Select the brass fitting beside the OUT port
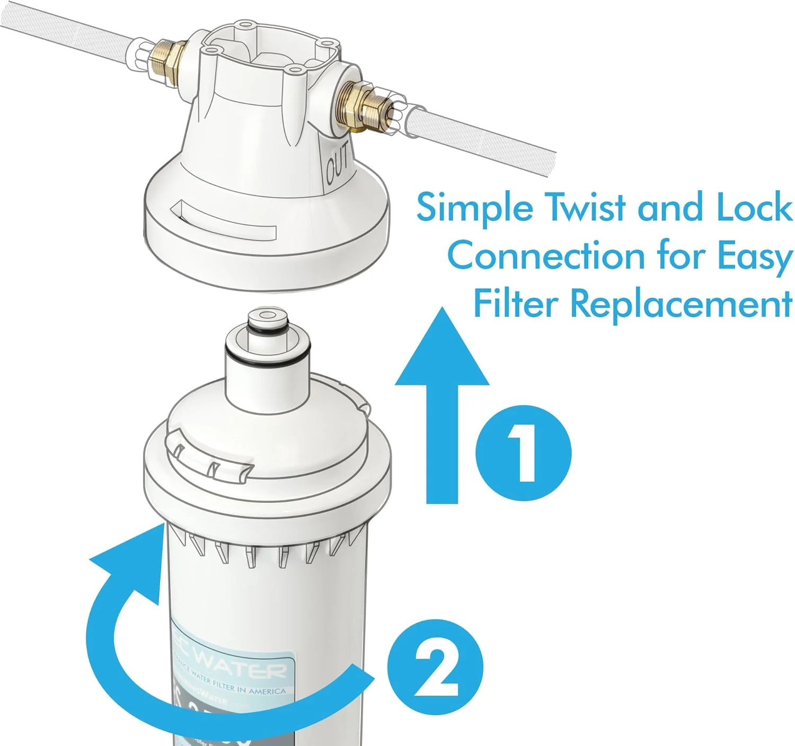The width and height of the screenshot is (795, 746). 360,104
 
